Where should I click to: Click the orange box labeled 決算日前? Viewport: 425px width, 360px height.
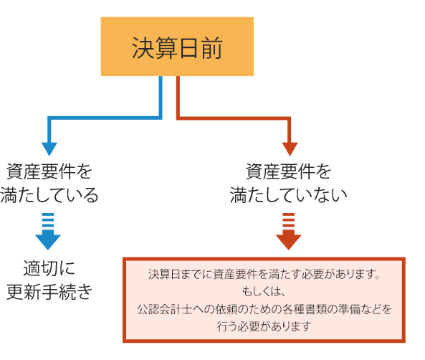pos(177,47)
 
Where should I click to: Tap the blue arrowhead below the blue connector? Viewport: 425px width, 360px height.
pos(49,149)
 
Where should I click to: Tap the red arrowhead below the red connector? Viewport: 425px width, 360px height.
pos(290,149)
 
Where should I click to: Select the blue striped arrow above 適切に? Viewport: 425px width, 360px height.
pos(48,232)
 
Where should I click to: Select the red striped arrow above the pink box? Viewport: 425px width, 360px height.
pos(289,232)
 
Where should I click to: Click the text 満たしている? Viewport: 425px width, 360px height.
pos(49,195)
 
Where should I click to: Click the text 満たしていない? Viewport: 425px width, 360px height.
pos(288,195)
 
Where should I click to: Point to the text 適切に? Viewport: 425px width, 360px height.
pos(49,268)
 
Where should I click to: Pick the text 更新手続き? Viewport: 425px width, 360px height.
pos(49,292)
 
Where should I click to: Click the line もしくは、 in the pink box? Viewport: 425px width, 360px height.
pos(264,291)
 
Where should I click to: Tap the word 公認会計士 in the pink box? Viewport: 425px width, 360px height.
pos(165,309)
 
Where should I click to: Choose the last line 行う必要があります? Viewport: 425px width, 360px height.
pos(264,326)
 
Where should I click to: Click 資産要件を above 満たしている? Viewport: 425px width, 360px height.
pos(49,171)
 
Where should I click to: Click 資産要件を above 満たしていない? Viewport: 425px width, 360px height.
pos(288,171)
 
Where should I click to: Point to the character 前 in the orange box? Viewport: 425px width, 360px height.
pos(211,48)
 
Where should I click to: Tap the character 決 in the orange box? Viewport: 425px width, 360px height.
pos(143,48)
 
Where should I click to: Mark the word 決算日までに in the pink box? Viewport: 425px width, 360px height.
pos(180,274)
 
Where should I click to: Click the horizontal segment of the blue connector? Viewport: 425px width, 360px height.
pos(105,118)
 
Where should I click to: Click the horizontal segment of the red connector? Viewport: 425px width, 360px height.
pos(234,118)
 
